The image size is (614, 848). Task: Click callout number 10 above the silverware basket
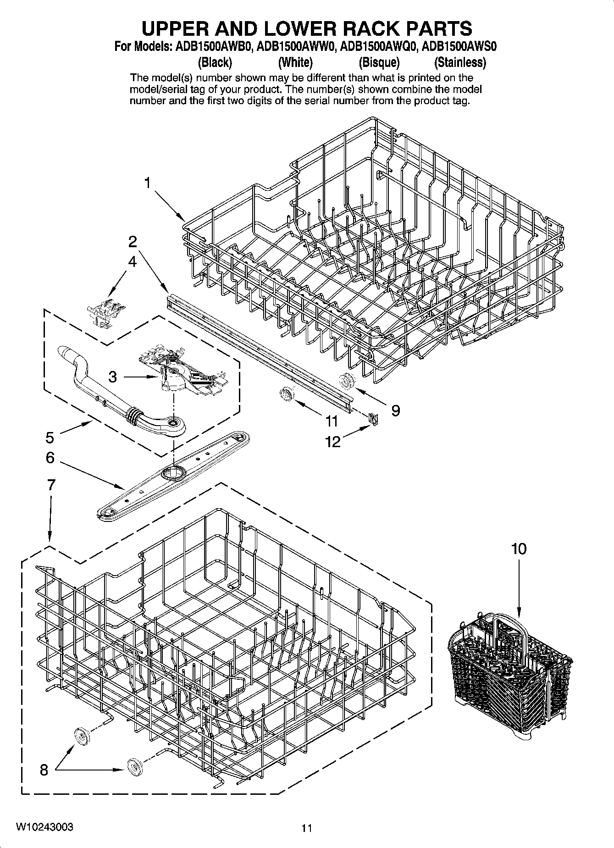point(519,549)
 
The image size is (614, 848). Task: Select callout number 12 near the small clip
point(333,442)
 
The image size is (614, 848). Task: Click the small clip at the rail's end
point(373,418)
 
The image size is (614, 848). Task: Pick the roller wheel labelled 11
point(287,394)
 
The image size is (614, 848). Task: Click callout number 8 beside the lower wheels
point(44,769)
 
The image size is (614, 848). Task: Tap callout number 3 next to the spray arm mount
point(112,377)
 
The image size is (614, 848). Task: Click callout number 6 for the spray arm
point(50,458)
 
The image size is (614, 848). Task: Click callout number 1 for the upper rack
point(147,183)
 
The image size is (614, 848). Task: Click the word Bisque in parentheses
point(379,62)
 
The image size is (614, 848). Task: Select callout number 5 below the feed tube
point(50,438)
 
